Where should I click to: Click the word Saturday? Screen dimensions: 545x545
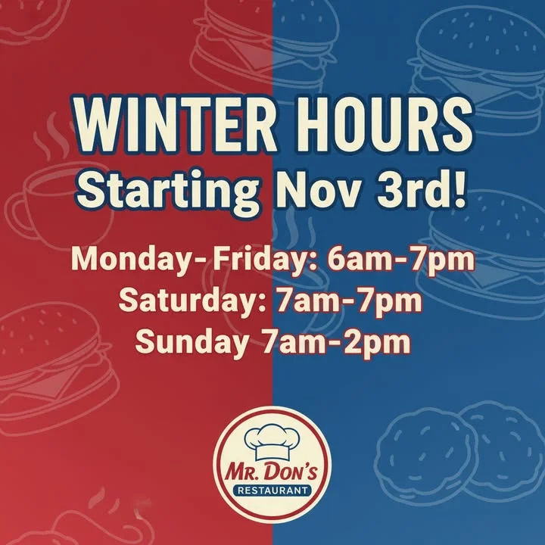(193, 301)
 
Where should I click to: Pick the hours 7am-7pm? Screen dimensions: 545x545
(349, 301)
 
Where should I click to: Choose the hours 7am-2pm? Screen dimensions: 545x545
(336, 341)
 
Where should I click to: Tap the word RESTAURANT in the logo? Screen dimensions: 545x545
(272, 490)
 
